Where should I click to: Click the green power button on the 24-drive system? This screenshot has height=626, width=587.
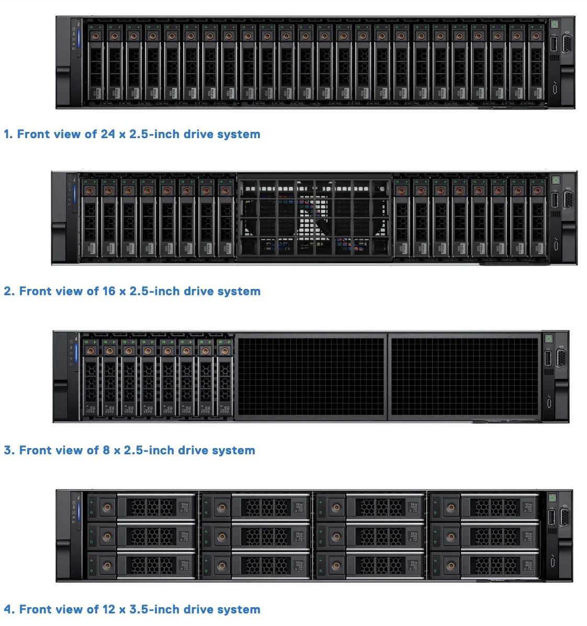coord(555,24)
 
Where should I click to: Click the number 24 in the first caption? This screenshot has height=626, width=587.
coord(108,134)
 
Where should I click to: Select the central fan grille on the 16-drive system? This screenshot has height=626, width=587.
coord(314,217)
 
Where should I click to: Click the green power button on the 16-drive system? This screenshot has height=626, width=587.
coord(556,180)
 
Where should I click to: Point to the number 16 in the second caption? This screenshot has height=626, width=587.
coord(109,291)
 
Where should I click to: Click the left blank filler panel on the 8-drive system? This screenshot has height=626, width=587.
coord(311,376)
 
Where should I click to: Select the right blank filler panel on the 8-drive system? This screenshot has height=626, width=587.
coord(465,376)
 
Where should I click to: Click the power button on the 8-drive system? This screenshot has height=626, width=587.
coord(548,339)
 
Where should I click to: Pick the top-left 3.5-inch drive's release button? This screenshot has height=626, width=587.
coord(107,507)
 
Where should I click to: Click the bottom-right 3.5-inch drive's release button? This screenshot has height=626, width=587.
coord(451,565)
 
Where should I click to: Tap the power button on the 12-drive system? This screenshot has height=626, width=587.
coord(551,497)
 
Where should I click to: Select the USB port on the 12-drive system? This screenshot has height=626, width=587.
coord(551,517)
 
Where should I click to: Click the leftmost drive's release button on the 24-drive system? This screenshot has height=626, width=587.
coord(95,36)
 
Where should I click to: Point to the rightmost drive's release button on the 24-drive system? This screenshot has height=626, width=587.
coord(536,36)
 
